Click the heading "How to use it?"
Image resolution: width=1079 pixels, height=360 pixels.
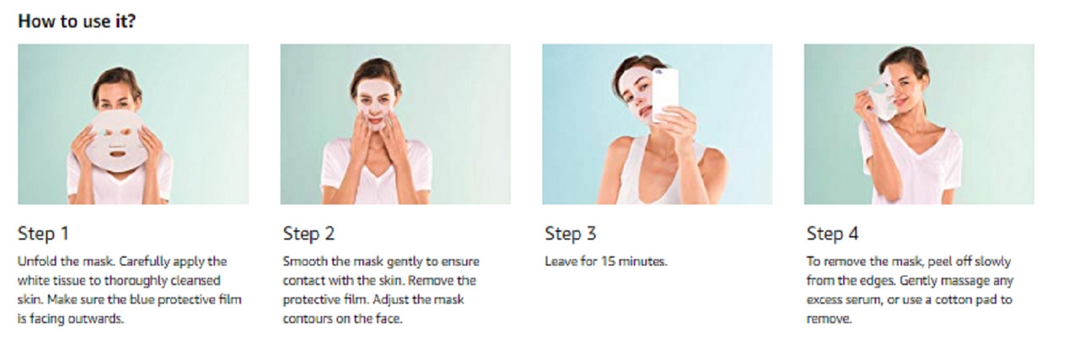[x=77, y=21]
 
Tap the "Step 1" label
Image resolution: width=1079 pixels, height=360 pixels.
[x=43, y=234]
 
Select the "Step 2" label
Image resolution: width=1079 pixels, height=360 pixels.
[x=309, y=234]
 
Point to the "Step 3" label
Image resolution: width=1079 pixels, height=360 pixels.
[x=571, y=234]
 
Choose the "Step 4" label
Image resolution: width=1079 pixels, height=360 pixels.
[x=832, y=234]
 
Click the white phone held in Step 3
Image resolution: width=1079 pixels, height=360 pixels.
[x=665, y=95]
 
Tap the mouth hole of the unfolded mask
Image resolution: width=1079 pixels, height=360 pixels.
[x=117, y=154]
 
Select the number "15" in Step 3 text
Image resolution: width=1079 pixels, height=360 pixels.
[x=608, y=261]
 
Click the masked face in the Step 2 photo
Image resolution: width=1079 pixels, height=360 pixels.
[x=376, y=105]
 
